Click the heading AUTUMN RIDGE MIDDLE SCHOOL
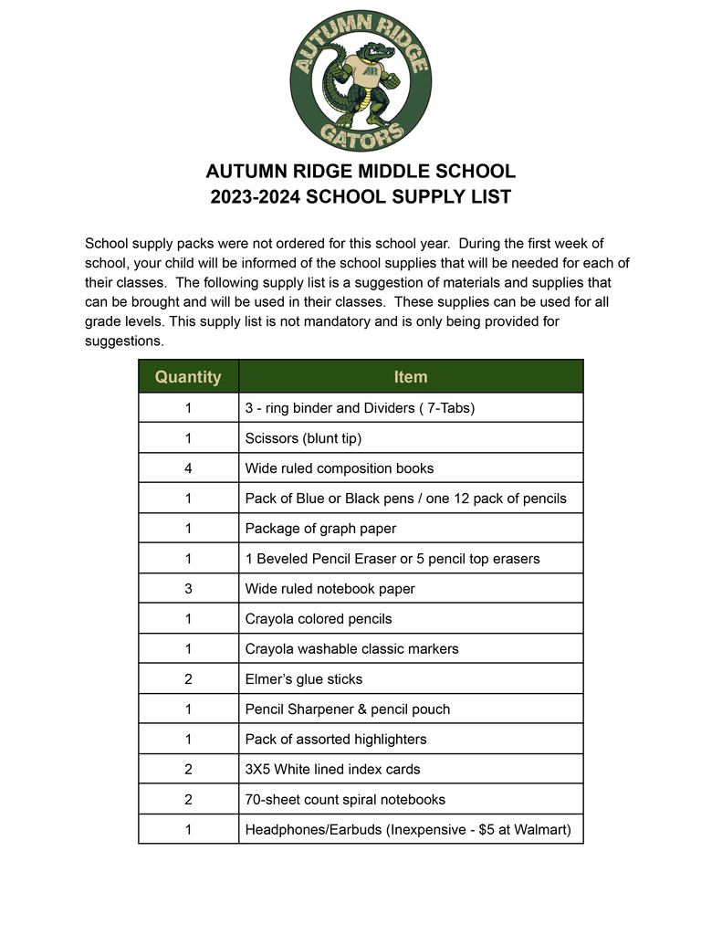click(361, 172)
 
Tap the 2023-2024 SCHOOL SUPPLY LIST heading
click(361, 196)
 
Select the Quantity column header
click(188, 377)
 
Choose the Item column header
click(410, 377)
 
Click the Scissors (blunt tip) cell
click(303, 438)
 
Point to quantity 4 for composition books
click(188, 468)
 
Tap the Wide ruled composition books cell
click(339, 468)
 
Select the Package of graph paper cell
click(320, 529)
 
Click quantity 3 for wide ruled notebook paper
click(188, 589)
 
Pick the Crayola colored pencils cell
click(318, 619)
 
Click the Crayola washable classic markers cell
click(351, 649)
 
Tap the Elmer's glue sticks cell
click(303, 679)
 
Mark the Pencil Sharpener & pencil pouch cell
click(347, 709)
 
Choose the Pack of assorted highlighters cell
click(335, 740)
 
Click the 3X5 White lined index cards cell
click(332, 770)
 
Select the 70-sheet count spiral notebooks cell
click(345, 800)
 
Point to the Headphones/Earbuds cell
click(407, 830)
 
